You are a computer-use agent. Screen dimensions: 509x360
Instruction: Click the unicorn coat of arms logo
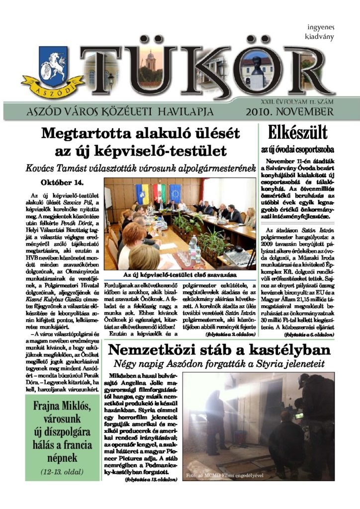45,74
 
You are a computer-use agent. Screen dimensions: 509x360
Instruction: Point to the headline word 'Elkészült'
297,133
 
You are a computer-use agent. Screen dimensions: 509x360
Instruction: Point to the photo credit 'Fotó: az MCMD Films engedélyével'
224,476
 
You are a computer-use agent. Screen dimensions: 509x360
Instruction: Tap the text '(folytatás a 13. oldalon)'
151,480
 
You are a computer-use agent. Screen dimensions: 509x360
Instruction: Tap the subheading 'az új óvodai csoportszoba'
297,149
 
